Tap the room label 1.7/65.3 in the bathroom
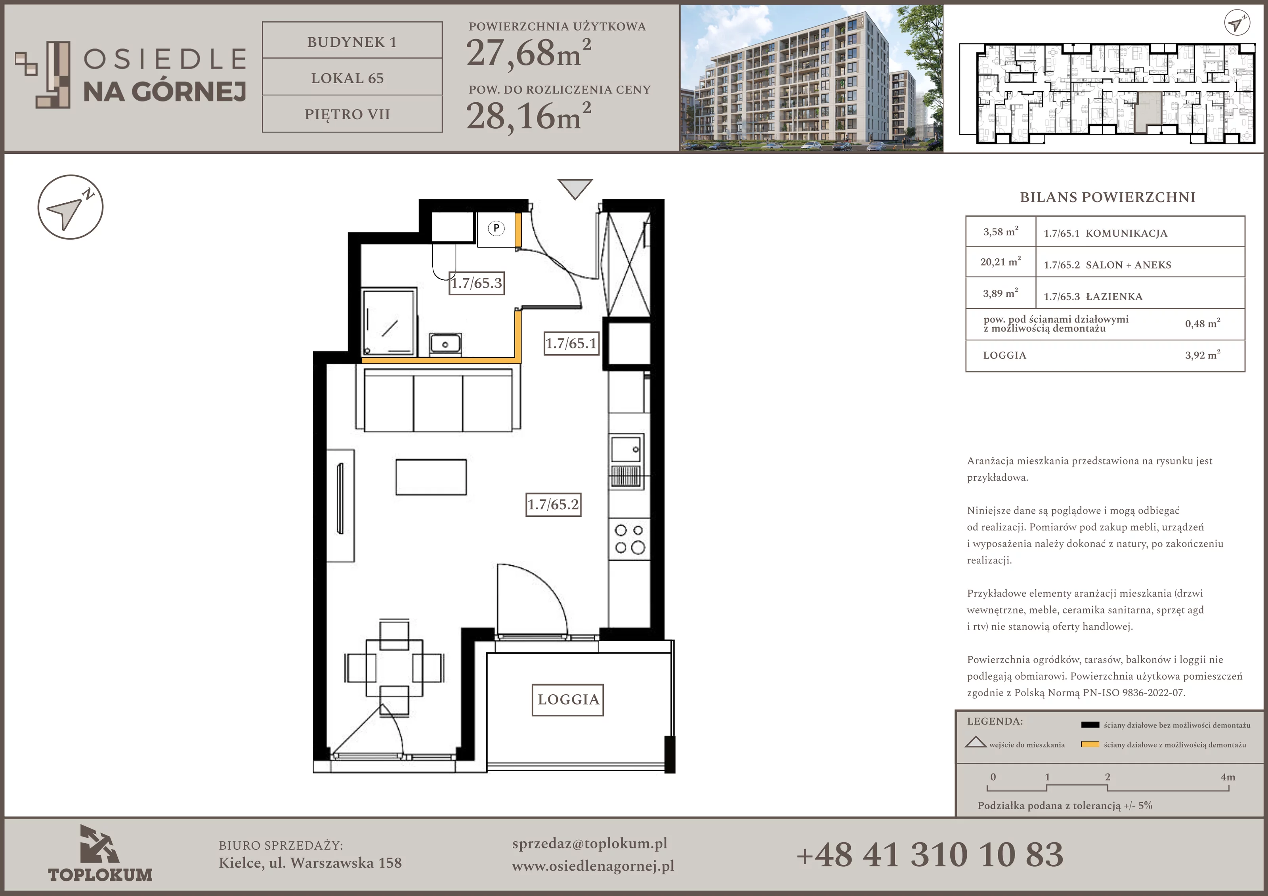476,283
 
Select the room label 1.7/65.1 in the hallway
571,343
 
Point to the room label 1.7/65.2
553,504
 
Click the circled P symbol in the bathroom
496,227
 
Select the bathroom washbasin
445,344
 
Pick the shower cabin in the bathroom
389,321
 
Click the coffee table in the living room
431,477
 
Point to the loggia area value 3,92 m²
1202,355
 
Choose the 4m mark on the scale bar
1228,777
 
